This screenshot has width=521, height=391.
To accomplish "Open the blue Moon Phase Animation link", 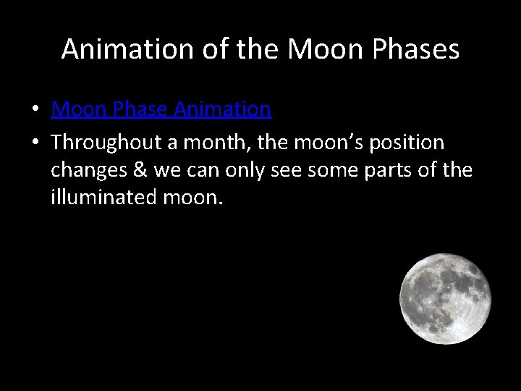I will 161,109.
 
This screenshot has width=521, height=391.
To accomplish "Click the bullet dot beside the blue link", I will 35,110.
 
